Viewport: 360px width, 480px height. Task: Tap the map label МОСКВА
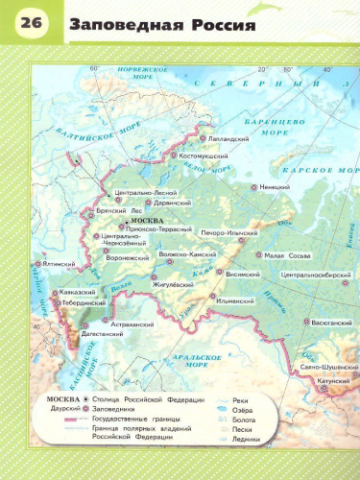coord(143,219)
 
